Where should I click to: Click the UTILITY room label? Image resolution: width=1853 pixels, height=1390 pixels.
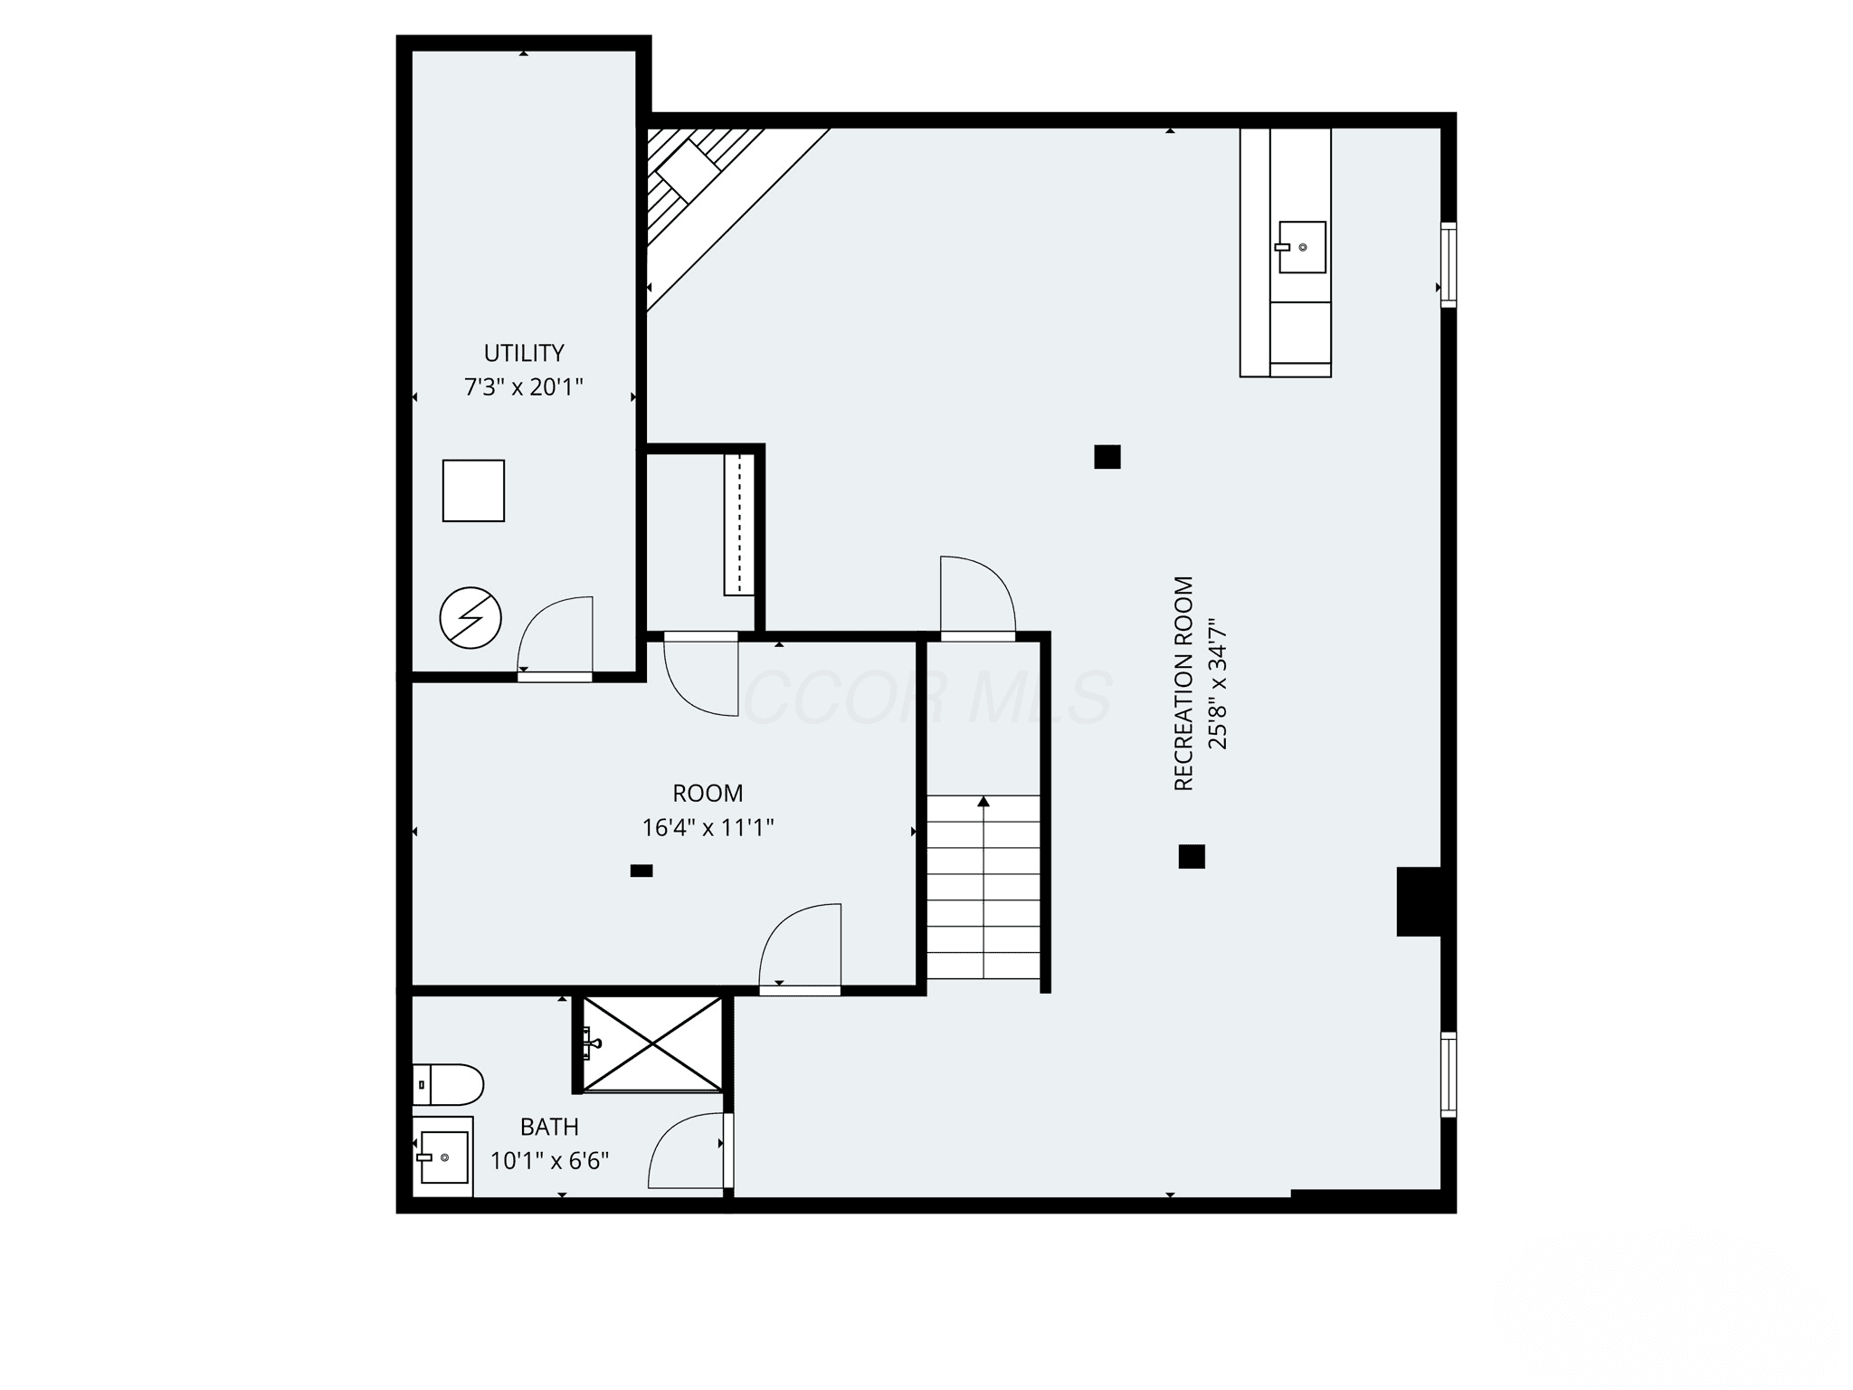[524, 353]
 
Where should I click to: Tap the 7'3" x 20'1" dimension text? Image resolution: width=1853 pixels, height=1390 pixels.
[524, 387]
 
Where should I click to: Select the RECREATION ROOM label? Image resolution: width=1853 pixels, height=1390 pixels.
[1184, 683]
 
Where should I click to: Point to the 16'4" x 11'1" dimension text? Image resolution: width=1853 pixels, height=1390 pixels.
[708, 827]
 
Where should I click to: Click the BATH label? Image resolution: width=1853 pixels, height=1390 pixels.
[549, 1127]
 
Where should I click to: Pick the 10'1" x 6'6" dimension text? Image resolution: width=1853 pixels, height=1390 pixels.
[549, 1160]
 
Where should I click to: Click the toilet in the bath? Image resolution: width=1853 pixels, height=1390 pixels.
[448, 1084]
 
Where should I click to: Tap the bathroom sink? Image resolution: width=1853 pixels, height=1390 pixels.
[442, 1156]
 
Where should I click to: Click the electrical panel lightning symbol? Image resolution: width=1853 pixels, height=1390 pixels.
[470, 618]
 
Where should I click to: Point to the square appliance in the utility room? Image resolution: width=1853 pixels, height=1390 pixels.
[473, 490]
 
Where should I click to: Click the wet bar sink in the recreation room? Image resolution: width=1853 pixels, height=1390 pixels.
[1301, 247]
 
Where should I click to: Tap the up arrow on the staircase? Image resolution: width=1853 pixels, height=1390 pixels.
[984, 801]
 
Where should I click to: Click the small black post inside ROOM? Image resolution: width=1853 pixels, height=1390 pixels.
[641, 871]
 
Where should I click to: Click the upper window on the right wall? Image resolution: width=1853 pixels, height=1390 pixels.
[1449, 264]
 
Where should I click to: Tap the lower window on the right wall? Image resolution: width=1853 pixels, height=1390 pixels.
[1449, 1074]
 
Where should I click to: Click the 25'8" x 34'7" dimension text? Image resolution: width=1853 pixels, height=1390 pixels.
[1218, 684]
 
